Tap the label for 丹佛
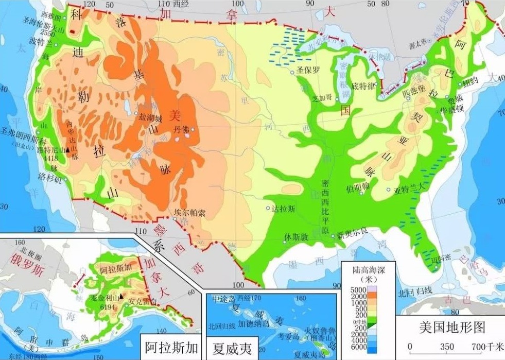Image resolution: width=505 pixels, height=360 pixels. pos(181,129)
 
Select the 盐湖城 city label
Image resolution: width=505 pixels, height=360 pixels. pos(150,117)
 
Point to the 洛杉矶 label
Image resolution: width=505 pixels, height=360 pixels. pos(51,181)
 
